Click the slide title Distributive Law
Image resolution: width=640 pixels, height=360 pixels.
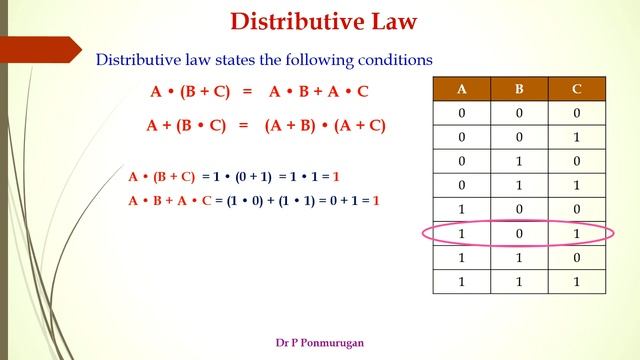(323, 21)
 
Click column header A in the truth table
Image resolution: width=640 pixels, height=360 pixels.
(461, 88)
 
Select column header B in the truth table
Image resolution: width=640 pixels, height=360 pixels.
(519, 88)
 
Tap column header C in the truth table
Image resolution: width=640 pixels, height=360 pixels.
(577, 88)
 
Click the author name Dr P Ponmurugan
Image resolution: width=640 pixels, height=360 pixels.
(320, 342)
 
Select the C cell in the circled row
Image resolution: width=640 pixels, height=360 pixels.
(577, 234)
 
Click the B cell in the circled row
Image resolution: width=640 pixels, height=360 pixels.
(519, 234)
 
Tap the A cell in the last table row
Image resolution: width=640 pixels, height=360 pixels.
(461, 282)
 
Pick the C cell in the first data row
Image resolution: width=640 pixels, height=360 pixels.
(577, 112)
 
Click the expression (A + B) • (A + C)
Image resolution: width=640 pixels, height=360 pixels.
(325, 126)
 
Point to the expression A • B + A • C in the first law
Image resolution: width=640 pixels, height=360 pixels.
(319, 92)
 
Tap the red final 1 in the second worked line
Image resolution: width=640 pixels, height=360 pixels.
(376, 201)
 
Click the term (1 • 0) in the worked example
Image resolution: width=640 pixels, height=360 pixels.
(239, 201)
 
